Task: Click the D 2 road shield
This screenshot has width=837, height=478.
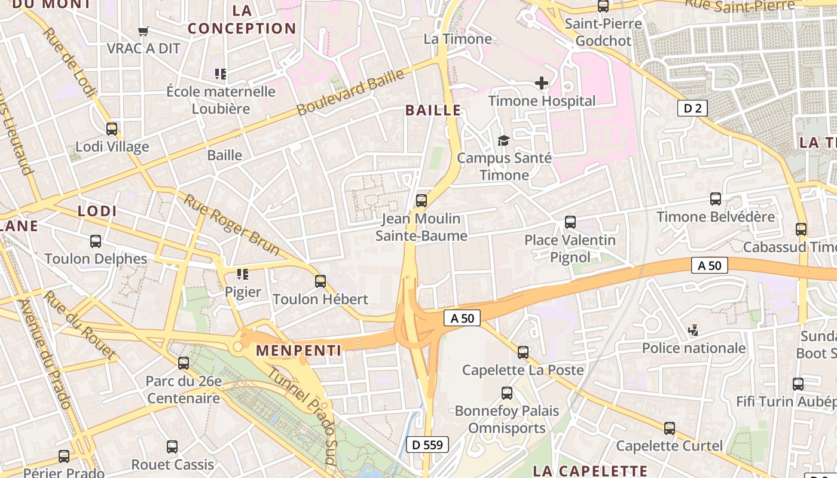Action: coord(693,108)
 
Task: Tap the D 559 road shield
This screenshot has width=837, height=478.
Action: coord(427,444)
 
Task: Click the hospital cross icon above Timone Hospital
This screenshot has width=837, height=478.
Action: coord(542,83)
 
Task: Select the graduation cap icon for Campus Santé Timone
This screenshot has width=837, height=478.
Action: coord(504,140)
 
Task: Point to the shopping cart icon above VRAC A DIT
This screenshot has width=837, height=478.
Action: coord(143,31)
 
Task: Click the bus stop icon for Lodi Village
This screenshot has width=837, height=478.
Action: coord(112,129)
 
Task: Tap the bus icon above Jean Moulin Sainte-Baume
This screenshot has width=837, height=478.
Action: coord(421,200)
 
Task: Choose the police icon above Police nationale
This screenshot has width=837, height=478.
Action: coord(694,330)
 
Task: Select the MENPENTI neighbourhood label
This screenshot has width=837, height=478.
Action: coord(299,351)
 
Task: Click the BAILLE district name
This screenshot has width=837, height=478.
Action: coord(433,110)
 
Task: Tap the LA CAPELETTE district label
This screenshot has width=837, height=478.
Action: coord(589,471)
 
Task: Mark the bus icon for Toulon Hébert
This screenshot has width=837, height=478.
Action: coord(320,281)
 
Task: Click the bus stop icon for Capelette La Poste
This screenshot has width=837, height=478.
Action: coord(523,353)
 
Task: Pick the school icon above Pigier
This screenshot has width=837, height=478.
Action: coord(242,274)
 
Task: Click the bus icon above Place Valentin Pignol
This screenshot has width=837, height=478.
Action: coord(570,222)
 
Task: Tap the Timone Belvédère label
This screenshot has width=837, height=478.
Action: coord(716,216)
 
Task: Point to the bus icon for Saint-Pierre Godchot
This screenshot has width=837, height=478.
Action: coord(603,7)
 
